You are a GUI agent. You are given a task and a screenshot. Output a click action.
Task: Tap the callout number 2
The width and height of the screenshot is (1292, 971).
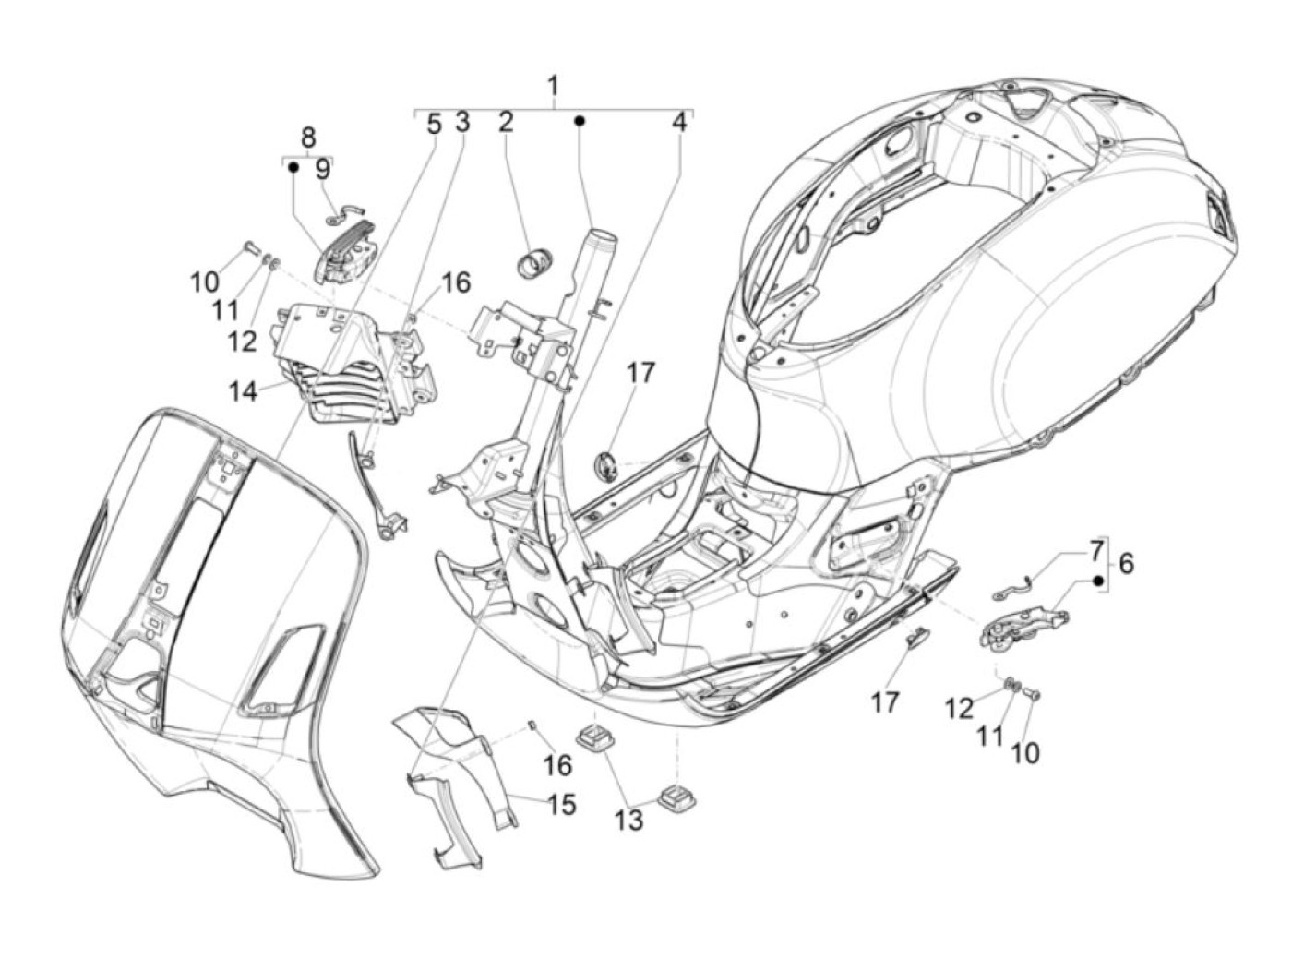[505, 122]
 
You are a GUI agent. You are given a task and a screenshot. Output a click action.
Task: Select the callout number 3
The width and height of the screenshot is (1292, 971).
[461, 122]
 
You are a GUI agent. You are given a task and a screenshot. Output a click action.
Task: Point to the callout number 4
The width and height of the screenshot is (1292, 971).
[679, 122]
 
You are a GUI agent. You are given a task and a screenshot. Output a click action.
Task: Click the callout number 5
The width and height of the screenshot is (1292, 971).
[434, 122]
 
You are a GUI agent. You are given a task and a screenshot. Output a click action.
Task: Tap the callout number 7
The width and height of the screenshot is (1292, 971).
[1095, 552]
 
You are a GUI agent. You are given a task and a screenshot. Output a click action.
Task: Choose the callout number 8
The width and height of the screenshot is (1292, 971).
[308, 138]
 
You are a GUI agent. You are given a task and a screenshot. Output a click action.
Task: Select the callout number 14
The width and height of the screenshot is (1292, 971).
[244, 391]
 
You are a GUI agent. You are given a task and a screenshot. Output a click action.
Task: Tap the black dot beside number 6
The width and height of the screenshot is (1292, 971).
[1098, 581]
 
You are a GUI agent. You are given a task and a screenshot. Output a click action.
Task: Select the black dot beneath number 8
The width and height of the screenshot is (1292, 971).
[293, 167]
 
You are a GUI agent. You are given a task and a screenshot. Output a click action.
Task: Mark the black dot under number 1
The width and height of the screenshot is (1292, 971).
[580, 121]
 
